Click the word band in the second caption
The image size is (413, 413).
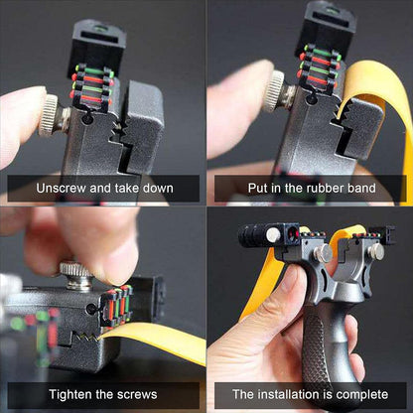coord(361,189)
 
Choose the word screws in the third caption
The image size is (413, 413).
coord(137,395)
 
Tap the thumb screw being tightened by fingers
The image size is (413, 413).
coord(76,275)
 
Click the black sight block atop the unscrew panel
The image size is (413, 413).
coord(96,47)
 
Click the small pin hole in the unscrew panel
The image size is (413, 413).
coord(86,118)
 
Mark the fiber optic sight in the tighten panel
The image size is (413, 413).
coord(117,306)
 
